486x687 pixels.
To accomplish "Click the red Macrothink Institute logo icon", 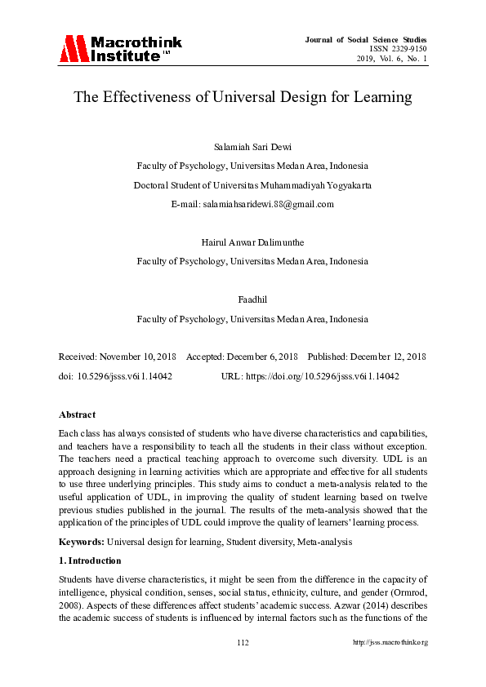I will coord(74,49).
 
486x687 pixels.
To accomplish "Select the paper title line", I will coord(243,98).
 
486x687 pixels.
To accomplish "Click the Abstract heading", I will coord(77,414).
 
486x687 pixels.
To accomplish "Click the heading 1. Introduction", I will coord(90,561).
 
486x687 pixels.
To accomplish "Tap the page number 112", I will coord(243,643).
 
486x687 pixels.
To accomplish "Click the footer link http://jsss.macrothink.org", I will coord(390,643).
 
